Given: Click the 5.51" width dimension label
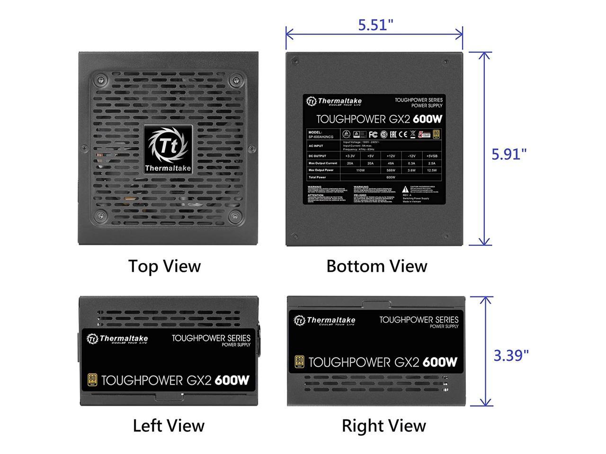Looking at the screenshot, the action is [375, 25].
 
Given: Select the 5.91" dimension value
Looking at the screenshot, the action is [509, 154].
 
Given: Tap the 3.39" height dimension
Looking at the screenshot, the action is [511, 355].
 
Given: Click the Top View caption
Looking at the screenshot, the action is [164, 266].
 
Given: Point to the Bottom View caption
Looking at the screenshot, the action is [376, 266].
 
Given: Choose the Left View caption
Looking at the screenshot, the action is [168, 426].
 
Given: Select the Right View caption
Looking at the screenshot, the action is [383, 426].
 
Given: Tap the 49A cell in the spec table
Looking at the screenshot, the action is [391, 163].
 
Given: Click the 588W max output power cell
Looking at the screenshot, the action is [391, 170].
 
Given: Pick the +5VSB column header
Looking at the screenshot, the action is [431, 156].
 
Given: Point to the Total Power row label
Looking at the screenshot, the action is [317, 177].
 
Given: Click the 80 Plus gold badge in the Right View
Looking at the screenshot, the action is [299, 362].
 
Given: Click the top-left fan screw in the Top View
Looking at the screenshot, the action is [99, 79].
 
